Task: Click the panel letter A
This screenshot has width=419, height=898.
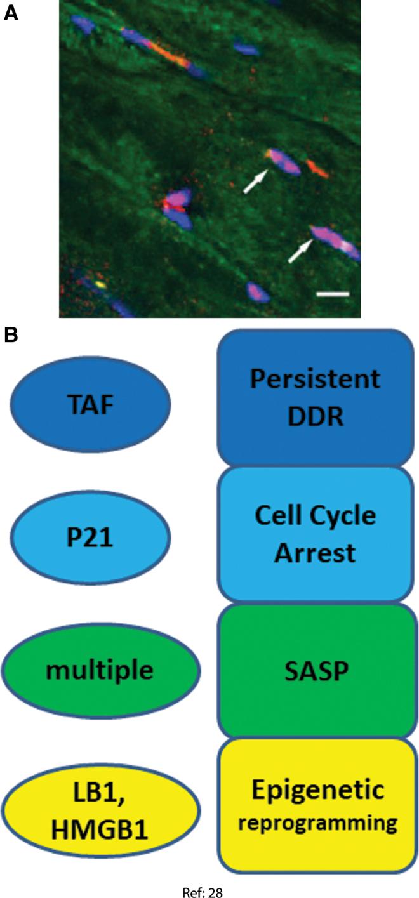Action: click(11, 12)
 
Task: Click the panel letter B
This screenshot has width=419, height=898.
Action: click(11, 336)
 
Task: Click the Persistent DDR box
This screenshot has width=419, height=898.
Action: click(315, 398)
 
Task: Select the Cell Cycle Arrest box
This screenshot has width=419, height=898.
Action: click(315, 534)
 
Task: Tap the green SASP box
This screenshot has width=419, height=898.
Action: click(315, 670)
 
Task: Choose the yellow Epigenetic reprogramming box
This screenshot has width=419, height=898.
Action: click(315, 805)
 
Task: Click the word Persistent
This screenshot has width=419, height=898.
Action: click(315, 380)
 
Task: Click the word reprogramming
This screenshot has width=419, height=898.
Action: click(315, 823)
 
